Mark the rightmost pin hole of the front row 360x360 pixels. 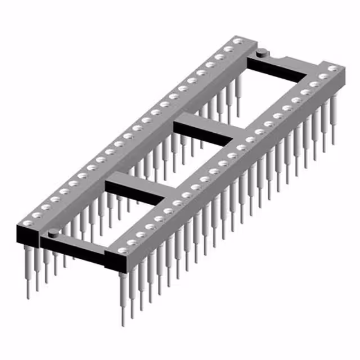tap(332, 69)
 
